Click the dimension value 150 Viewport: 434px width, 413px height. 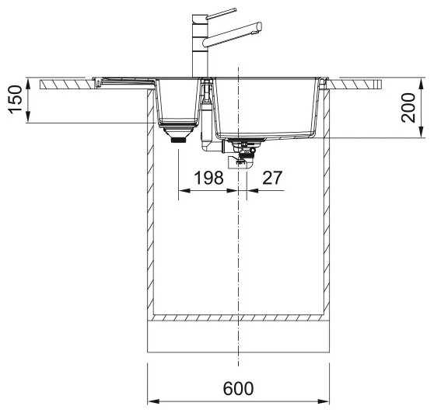coord(16,99)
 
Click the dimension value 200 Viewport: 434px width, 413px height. coord(408,108)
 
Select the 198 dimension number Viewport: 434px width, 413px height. coord(208,178)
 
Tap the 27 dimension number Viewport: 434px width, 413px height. coord(272,178)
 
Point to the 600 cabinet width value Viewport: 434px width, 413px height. coord(238,388)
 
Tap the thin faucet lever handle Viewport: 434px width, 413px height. coord(221,14)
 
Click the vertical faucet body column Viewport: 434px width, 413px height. coord(199,46)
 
